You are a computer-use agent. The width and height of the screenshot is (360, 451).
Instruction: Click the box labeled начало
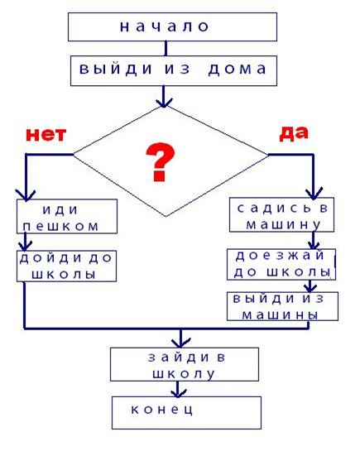[x=172, y=26]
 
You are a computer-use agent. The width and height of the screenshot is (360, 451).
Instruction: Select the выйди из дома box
[x=174, y=71]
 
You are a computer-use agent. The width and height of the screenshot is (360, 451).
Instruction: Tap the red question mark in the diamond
[x=161, y=162]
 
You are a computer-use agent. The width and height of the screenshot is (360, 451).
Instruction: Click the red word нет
[x=46, y=134]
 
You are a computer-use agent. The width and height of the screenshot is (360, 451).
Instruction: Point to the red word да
[x=294, y=133]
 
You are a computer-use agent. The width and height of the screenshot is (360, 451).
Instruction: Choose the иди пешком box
[x=67, y=216]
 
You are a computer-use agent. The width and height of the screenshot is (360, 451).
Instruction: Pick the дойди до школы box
[x=66, y=266]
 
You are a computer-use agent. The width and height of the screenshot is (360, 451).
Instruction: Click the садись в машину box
[x=281, y=214]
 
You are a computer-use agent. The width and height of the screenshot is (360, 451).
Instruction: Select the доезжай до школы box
[x=281, y=265]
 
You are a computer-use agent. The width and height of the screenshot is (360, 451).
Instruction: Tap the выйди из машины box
[x=283, y=306]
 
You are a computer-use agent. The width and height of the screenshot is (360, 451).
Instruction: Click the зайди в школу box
[x=185, y=364]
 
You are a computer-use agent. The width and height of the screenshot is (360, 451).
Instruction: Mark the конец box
[x=186, y=413]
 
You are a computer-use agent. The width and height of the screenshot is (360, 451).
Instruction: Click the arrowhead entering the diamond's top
[x=164, y=103]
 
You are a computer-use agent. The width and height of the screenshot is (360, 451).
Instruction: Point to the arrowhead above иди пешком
[x=26, y=195]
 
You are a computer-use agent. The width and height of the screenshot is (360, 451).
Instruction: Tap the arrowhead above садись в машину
[x=314, y=194]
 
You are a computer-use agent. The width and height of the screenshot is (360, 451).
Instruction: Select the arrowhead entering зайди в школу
[x=180, y=343]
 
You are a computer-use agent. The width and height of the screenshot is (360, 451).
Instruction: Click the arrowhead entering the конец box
[x=178, y=393]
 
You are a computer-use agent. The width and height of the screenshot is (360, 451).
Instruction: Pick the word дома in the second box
[x=238, y=70]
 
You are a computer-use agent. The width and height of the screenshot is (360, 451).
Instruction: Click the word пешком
[x=60, y=227]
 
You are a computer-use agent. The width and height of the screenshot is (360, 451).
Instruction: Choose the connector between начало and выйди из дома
[x=166, y=48]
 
